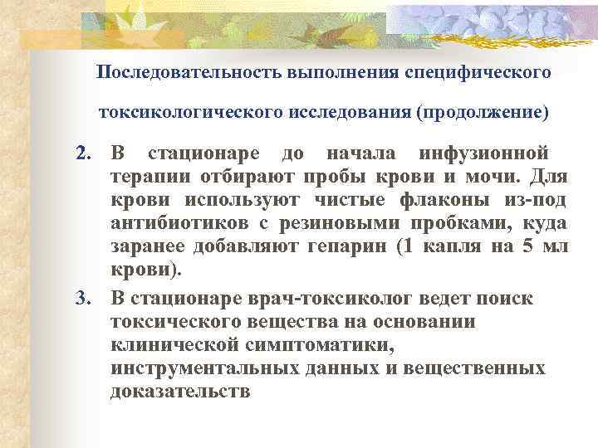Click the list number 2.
(x=81, y=153)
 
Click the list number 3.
(x=81, y=299)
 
